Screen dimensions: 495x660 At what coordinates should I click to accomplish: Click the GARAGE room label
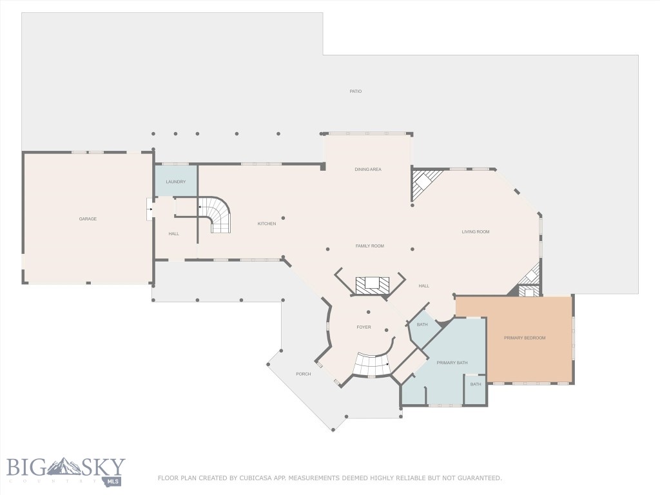[x=88, y=219]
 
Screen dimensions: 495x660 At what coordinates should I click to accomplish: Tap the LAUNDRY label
[x=175, y=182]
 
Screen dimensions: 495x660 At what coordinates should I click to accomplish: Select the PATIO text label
[x=355, y=92]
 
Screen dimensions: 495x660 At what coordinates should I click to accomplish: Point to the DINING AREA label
[x=368, y=170]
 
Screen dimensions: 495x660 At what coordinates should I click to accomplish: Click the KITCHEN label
[x=267, y=224]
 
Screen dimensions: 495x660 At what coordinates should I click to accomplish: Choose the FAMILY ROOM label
[x=370, y=246]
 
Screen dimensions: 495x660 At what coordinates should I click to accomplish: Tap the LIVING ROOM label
[x=476, y=231]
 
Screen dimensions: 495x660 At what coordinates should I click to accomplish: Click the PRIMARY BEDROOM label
[x=525, y=338]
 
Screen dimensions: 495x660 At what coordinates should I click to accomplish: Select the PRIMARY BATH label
[x=452, y=363]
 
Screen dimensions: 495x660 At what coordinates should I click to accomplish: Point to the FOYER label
[x=364, y=327]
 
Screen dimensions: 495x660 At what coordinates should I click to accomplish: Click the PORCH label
[x=303, y=374]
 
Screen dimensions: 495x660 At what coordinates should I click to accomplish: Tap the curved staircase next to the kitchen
[x=218, y=215]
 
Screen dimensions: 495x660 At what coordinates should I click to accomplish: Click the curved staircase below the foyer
[x=373, y=365]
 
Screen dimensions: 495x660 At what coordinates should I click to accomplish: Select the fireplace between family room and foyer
[x=372, y=284]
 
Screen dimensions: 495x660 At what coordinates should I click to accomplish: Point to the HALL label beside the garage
[x=174, y=233]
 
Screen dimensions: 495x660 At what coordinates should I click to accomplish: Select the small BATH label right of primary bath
[x=476, y=384]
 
